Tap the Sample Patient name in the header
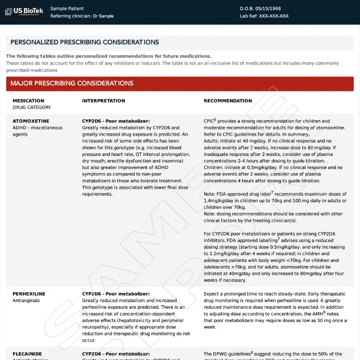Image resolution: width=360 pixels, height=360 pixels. click(67, 9)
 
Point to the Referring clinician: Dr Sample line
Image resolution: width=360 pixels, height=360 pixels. click(82, 16)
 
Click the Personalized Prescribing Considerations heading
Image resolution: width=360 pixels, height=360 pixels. click(85, 42)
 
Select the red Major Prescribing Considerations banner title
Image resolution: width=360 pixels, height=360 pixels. click(72, 83)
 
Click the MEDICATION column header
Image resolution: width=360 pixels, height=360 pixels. click(28, 101)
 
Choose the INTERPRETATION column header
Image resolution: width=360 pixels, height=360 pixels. click(103, 101)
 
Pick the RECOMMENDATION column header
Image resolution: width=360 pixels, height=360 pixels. click(228, 101)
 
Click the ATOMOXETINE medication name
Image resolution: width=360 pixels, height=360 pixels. click(31, 121)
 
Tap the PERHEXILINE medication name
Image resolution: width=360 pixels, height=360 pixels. click(29, 294)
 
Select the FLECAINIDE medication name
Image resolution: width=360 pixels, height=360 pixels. click(27, 354)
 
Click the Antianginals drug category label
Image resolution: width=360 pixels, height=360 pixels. click(26, 301)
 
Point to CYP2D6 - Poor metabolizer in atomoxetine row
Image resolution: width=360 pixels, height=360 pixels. click(116, 121)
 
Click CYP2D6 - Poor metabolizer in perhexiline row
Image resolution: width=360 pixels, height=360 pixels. click(116, 294)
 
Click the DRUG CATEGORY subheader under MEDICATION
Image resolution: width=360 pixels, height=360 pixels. click(31, 108)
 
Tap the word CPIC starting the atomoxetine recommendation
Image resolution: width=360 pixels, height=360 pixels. click(209, 121)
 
